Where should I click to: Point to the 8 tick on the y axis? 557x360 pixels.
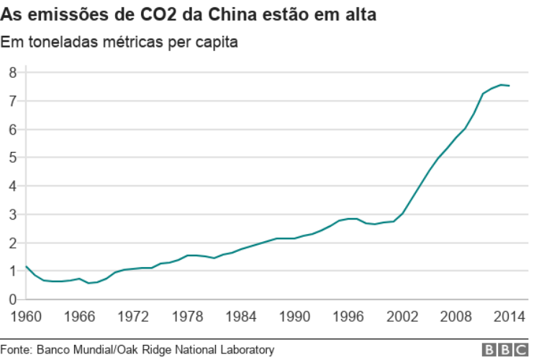pyautogui.click(x=12, y=72)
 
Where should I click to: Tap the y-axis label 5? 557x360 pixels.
pyautogui.click(x=12, y=157)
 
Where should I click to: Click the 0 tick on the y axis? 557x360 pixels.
pyautogui.click(x=12, y=299)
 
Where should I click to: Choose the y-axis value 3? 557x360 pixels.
pyautogui.click(x=12, y=214)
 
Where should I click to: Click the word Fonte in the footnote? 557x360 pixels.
pyautogui.click(x=16, y=350)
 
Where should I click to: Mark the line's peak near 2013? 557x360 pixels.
pyautogui.click(x=501, y=85)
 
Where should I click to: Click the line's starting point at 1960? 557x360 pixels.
pyautogui.click(x=26, y=266)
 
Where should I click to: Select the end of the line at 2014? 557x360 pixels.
pyautogui.click(x=510, y=86)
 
